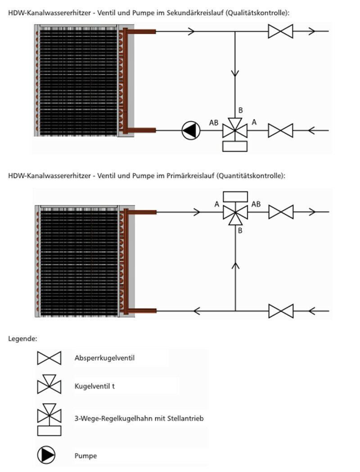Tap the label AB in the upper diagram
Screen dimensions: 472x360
click(x=215, y=123)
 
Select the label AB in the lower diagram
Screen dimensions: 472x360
click(x=256, y=204)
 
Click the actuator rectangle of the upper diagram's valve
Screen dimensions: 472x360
click(x=235, y=146)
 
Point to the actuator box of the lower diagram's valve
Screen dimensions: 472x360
click(x=235, y=197)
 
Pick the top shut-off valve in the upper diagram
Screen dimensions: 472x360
click(x=280, y=31)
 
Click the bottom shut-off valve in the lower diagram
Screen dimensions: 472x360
click(x=281, y=311)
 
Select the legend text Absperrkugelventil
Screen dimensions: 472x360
click(x=104, y=359)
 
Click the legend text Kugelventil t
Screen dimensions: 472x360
click(x=94, y=386)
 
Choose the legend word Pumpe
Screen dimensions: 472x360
click(x=85, y=456)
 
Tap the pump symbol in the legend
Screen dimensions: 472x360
click(x=46, y=456)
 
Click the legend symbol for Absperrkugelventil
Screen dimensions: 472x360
click(x=49, y=359)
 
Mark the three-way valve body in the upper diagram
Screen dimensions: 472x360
click(x=235, y=130)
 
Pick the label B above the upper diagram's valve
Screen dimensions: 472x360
click(x=240, y=110)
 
